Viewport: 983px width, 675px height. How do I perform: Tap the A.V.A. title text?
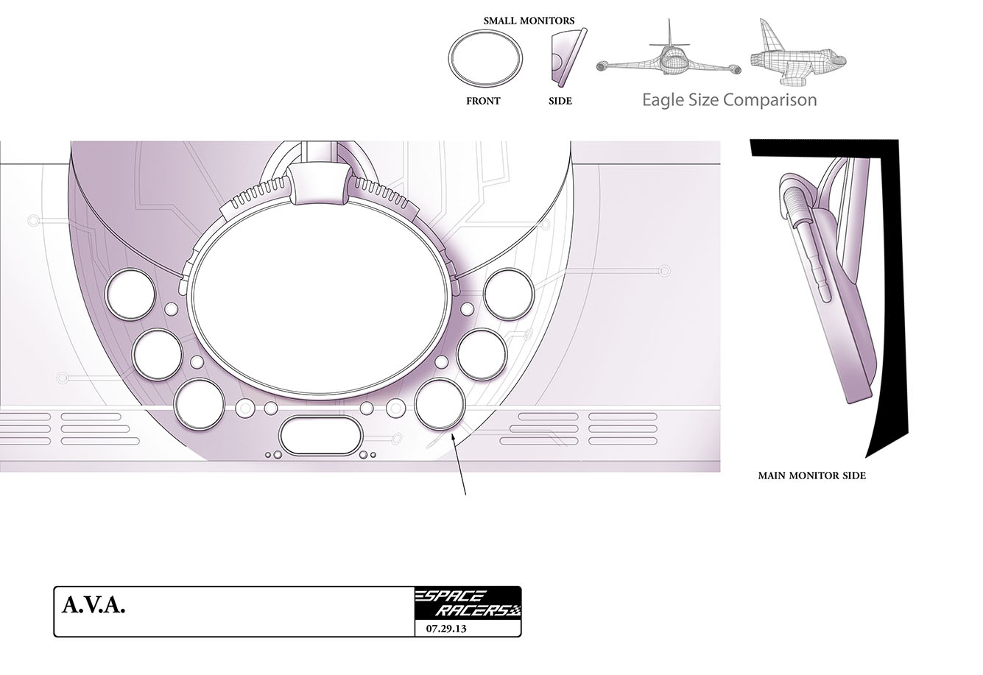[94, 605]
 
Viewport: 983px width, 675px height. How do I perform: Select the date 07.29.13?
[446, 629]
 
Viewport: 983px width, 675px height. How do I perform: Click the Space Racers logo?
[468, 603]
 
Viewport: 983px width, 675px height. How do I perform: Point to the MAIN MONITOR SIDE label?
[812, 476]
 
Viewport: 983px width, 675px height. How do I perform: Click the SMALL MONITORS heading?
[529, 21]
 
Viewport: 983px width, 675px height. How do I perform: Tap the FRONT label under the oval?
[483, 101]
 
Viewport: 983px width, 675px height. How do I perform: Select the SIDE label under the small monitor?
[560, 101]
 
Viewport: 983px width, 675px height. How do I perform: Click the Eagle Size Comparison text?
[730, 100]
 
